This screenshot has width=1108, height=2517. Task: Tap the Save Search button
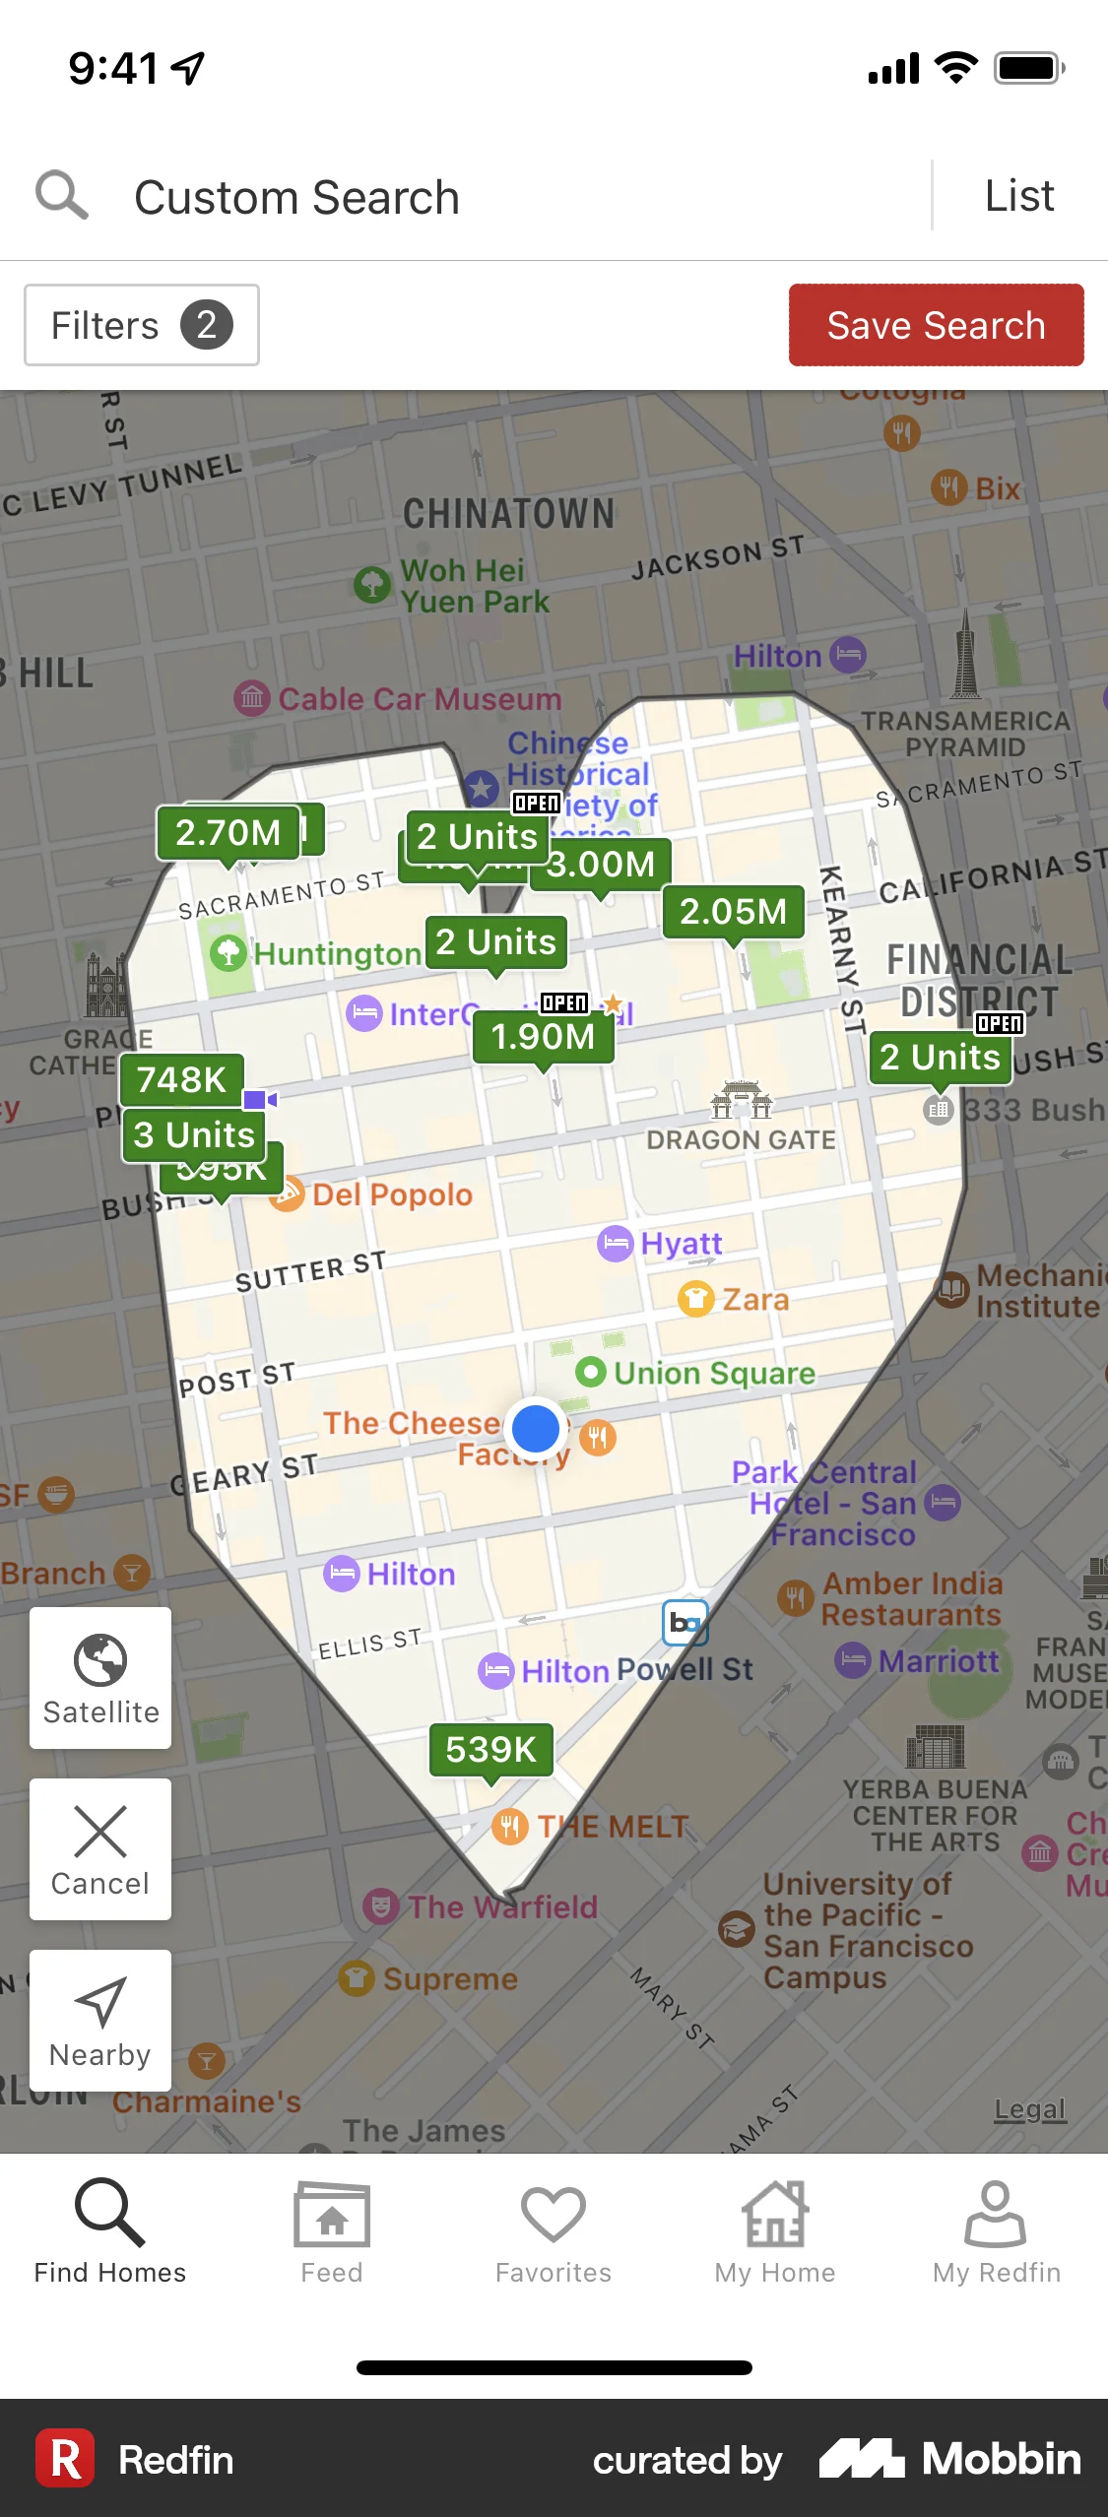[x=936, y=325]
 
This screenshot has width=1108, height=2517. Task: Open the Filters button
[x=142, y=325]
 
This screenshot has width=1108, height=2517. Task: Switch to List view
[x=1019, y=196]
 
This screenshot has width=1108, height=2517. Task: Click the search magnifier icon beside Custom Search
[x=62, y=195]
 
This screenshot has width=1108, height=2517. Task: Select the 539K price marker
[x=490, y=1750]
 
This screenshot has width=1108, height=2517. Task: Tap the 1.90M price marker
[x=543, y=1037]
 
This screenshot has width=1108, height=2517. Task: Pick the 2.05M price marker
[x=733, y=912]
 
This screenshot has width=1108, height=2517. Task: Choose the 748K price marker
[x=181, y=1079]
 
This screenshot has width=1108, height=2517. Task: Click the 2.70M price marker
[x=228, y=833]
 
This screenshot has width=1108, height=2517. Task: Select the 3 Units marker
[x=194, y=1135]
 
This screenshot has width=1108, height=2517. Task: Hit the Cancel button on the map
[x=100, y=1848]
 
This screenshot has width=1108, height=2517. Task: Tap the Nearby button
[x=100, y=2020]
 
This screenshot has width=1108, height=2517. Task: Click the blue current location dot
[x=536, y=1428]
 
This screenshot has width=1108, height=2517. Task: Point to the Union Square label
[x=714, y=1373]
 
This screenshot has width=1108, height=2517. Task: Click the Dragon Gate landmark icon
[x=742, y=1100]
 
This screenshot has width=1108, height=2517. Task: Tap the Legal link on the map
[x=1029, y=2109]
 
